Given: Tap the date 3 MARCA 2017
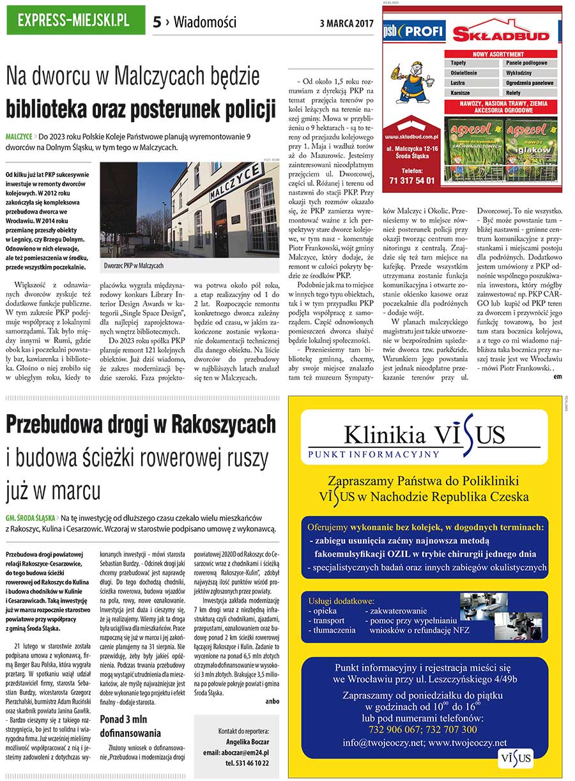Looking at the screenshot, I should (346, 24).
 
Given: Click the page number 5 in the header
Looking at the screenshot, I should (157, 22).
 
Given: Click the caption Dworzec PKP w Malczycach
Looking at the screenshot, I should (134, 265).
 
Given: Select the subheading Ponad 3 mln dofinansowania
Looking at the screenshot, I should (130, 727).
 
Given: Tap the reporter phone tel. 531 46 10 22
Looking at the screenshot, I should (243, 762).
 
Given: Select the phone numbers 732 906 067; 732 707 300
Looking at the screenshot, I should (422, 729).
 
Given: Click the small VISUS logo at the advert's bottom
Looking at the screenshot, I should (516, 759).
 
